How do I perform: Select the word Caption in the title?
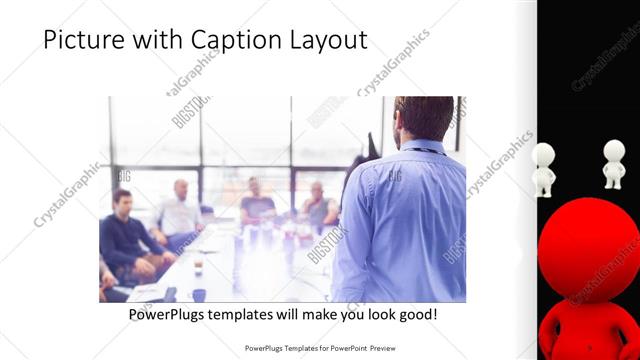(x=237, y=41)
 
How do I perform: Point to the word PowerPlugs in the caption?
(x=171, y=314)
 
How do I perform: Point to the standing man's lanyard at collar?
(x=424, y=150)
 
